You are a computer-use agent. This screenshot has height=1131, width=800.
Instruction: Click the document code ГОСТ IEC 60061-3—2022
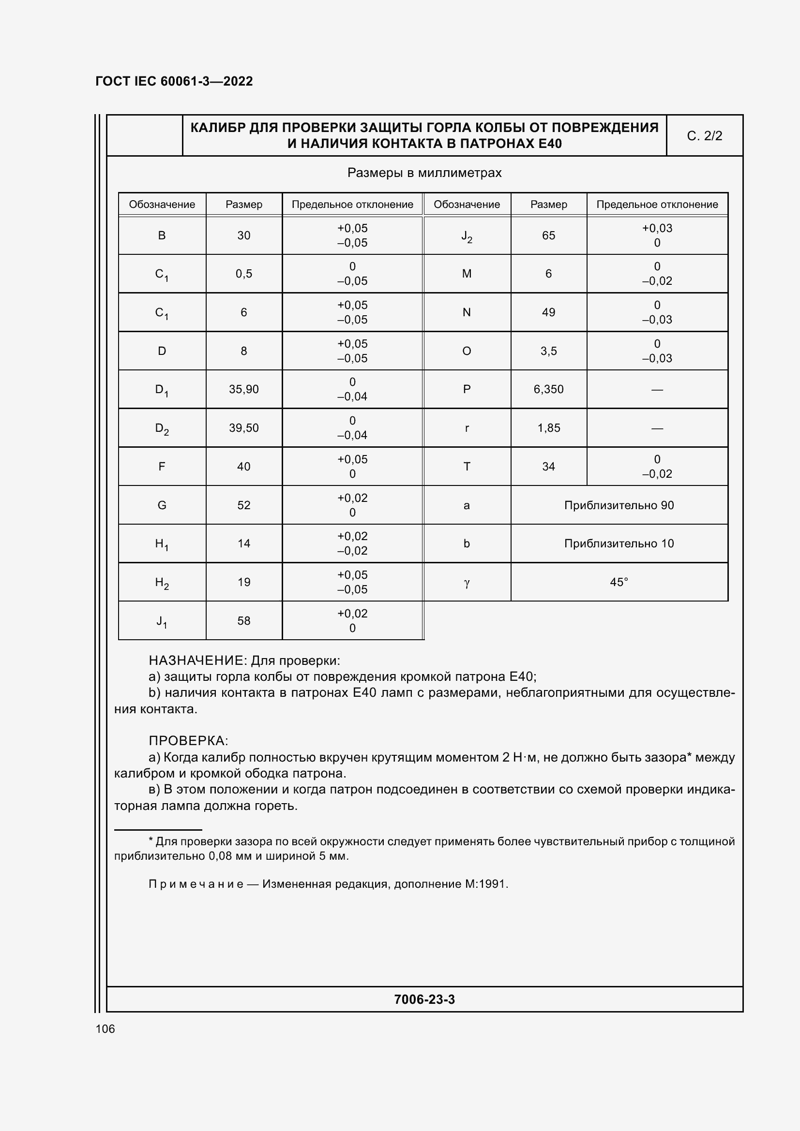174,81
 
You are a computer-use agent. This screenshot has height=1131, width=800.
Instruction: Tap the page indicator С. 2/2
704,136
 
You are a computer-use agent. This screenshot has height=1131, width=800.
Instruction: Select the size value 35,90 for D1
243,389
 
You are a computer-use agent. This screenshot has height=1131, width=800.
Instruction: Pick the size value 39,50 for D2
243,427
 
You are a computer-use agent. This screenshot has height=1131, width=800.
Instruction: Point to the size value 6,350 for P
548,389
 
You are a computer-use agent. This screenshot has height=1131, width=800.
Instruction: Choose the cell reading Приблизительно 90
619,505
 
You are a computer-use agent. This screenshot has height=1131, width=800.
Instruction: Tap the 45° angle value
619,582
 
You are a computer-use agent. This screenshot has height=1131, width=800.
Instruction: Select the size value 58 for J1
243,621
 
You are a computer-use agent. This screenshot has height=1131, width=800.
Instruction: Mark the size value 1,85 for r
548,427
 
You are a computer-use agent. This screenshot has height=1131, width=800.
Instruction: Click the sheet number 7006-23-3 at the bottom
424,999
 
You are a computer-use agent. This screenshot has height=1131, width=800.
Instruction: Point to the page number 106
105,1028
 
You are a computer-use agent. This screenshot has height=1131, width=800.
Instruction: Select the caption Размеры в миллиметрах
424,173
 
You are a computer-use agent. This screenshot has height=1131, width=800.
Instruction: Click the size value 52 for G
243,505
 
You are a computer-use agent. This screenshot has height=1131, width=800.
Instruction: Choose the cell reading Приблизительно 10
619,543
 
